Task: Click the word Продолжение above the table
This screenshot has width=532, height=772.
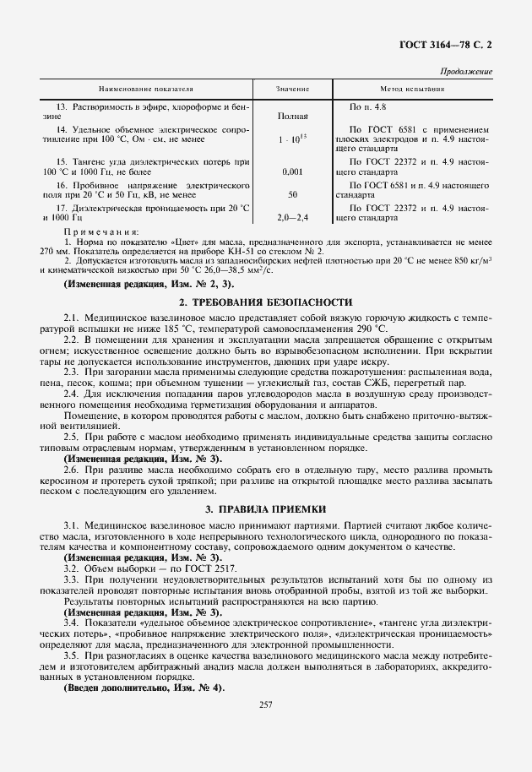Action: pos(468,72)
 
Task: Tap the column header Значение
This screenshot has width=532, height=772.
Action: pos(293,88)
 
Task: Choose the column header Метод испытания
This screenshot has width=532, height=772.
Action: pos(411,88)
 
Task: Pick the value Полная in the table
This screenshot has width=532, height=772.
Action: pos(292,116)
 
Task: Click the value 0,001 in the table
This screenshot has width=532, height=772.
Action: pos(292,171)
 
